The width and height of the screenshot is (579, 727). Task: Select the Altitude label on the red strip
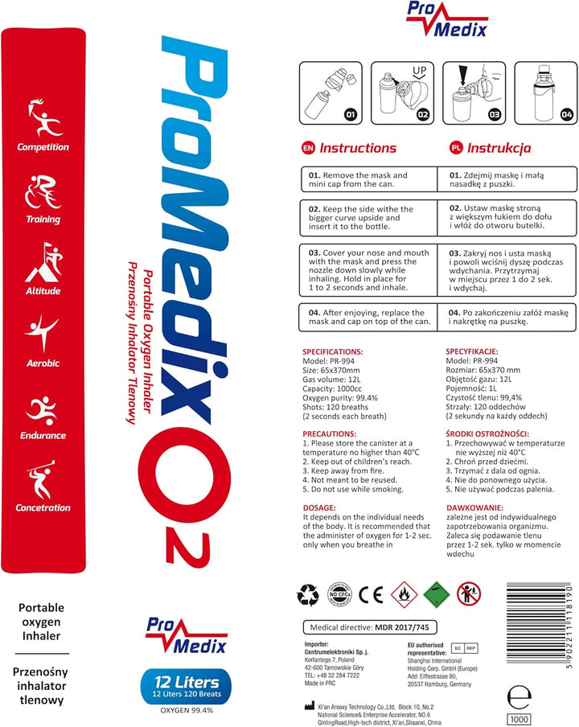pyautogui.click(x=43, y=291)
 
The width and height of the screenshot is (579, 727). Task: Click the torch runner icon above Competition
pyautogui.click(x=43, y=117)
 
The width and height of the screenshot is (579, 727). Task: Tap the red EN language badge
pyautogui.click(x=307, y=148)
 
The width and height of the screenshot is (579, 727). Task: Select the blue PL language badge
pyautogui.click(x=455, y=148)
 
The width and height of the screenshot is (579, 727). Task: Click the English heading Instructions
pyautogui.click(x=358, y=148)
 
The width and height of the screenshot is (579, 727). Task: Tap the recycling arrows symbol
pyautogui.click(x=308, y=595)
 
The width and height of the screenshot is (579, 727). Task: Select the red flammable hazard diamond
pyautogui.click(x=404, y=595)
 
